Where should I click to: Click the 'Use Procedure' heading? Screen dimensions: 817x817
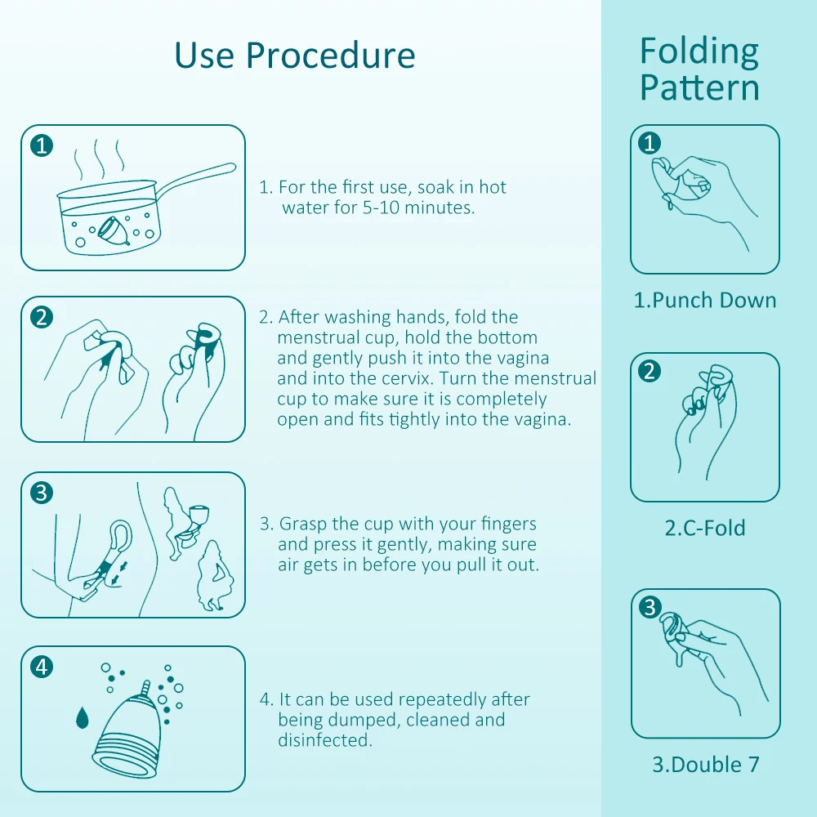tap(295, 56)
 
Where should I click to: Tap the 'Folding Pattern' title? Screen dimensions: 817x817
tap(699, 69)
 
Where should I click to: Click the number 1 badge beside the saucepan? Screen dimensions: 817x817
tap(42, 145)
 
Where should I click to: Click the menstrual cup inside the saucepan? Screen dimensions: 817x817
tap(113, 231)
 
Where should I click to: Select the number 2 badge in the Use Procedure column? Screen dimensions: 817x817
tap(42, 317)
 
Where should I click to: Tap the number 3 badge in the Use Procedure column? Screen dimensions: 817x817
tap(42, 493)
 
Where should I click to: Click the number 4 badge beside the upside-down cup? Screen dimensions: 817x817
tap(42, 667)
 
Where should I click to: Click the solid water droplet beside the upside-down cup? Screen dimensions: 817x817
tap(83, 717)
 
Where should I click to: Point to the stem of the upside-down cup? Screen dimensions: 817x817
tap(146, 688)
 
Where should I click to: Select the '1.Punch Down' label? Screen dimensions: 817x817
tap(705, 301)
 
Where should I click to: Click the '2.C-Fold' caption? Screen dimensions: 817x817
tap(705, 529)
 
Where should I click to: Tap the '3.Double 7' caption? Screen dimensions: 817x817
tap(706, 765)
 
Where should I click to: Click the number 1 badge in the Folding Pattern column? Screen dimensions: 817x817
tap(650, 143)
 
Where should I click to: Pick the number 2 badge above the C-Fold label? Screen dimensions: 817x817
tap(650, 371)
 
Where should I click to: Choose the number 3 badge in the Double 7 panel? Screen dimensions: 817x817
tap(650, 607)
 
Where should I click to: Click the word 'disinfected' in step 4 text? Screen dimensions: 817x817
tap(324, 740)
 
